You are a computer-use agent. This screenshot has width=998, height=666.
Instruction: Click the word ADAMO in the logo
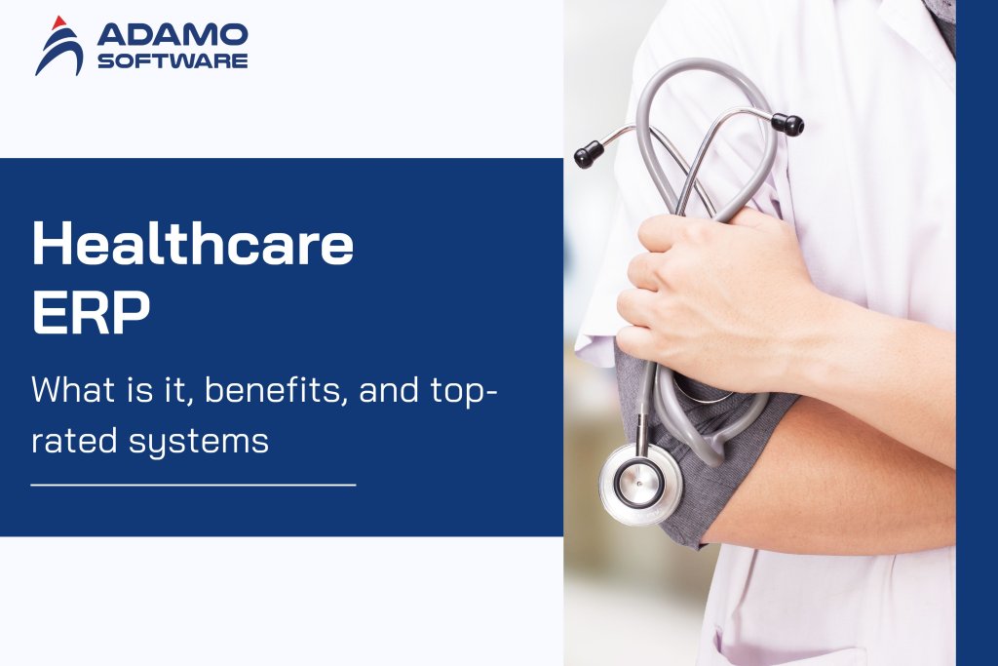(x=173, y=35)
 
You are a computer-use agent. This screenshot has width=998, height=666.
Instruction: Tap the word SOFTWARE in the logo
(x=173, y=60)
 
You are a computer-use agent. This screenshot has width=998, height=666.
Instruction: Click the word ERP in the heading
(x=92, y=314)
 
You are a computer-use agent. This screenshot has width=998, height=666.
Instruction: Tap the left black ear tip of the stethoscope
(x=588, y=152)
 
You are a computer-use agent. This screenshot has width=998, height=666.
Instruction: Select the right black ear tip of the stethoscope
(x=787, y=124)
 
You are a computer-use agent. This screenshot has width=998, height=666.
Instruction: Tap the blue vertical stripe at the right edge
(x=977, y=332)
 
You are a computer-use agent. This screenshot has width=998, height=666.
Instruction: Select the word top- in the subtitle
(x=462, y=391)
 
